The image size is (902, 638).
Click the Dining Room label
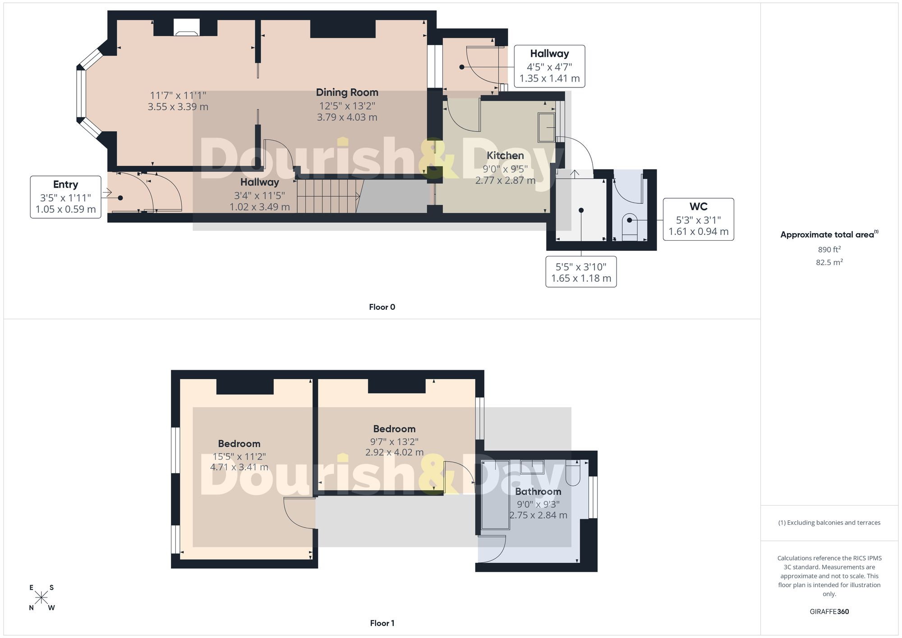tap(347, 92)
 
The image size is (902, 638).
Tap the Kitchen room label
tap(505, 156)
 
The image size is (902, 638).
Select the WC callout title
tap(698, 207)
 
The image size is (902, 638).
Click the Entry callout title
tap(65, 184)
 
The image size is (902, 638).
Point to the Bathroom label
tap(538, 491)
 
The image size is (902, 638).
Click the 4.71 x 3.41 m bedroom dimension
tap(239, 467)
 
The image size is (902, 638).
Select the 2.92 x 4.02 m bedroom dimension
tap(394, 452)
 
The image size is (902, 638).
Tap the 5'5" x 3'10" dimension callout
tap(581, 272)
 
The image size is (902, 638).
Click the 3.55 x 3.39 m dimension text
tap(178, 107)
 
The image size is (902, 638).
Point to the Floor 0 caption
tap(382, 307)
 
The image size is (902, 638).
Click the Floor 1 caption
tap(382, 623)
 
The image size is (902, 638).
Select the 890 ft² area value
tap(829, 249)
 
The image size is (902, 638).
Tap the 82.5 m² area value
tap(829, 262)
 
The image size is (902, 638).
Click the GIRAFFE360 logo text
tap(829, 612)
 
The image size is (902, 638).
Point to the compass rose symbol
tap(41, 598)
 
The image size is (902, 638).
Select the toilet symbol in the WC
tap(630, 226)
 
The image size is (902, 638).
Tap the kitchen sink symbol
tap(547, 128)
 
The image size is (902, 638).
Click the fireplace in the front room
tap(186, 27)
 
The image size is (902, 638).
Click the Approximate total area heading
tap(829, 234)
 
